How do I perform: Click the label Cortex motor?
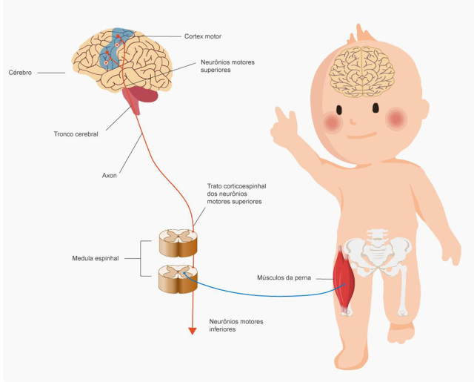202,36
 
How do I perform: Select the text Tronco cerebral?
76,134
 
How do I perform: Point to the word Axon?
109,176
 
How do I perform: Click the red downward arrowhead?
193,330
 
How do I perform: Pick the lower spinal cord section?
178,280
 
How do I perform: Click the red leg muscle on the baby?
344,278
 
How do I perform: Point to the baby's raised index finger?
280,115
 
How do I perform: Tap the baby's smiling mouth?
363,135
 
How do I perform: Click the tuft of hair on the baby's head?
364,33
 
